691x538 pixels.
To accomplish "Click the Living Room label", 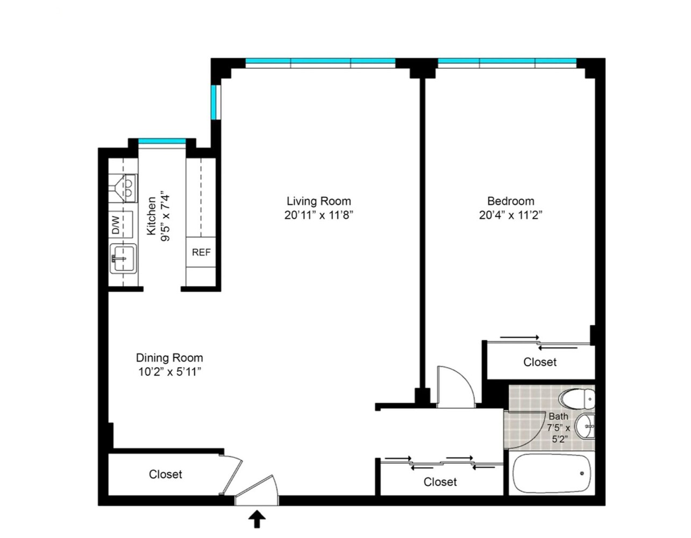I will (x=318, y=201).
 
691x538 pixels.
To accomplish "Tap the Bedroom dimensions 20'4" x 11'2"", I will (x=510, y=215).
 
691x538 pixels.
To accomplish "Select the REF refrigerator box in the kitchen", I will (x=201, y=252).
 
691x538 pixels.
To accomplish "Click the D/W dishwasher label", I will (x=116, y=225).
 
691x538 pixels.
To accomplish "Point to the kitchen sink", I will (x=123, y=259).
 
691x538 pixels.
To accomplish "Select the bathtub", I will (x=551, y=473).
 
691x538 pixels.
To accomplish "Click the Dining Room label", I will (x=169, y=358).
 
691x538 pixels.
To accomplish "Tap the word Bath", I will (x=558, y=416).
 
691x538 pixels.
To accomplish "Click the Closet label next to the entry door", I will (x=165, y=474).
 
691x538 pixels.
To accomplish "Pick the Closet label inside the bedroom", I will (x=539, y=362).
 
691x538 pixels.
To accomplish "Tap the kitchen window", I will (x=162, y=142).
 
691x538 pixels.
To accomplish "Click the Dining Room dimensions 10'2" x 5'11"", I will (x=169, y=372).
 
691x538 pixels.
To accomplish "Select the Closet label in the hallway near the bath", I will (x=440, y=482).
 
